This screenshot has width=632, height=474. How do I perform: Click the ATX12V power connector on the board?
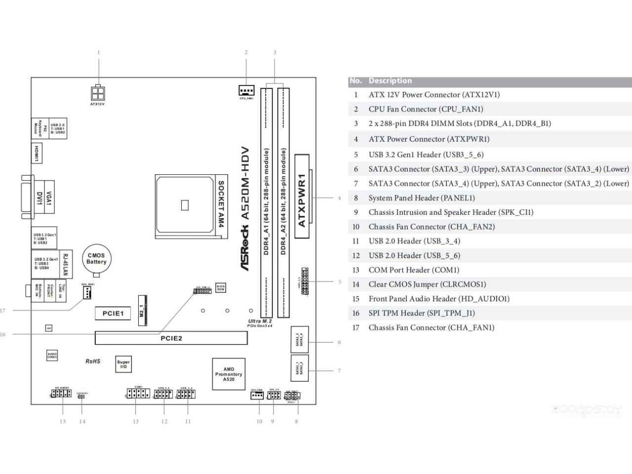coord(98,93)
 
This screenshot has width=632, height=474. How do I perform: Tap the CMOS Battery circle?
coord(96,259)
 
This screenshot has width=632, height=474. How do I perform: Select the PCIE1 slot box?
coord(113,313)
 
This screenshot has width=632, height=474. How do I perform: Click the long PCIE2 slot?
coord(171,338)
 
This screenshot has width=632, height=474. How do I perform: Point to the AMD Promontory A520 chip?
coord(229,374)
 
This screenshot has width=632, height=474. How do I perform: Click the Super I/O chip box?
coord(123,364)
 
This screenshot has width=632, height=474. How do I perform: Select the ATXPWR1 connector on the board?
coord(302,197)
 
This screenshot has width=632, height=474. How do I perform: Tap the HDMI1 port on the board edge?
coord(37,153)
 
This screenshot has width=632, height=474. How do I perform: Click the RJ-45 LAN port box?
coord(66,264)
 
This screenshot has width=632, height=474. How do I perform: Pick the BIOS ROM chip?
coord(220,287)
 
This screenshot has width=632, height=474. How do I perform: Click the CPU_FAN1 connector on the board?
coord(246,90)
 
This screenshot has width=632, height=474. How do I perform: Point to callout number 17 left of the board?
coord(3,311)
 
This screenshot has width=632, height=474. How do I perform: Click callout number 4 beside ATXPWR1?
coord(339,198)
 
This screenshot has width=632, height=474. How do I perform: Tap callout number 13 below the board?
coord(135,422)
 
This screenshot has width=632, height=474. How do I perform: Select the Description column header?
coord(390,80)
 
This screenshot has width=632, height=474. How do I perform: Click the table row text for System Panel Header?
coord(422,198)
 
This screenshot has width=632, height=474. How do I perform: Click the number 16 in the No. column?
coord(356,313)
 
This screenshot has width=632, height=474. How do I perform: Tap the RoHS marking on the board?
coord(93,361)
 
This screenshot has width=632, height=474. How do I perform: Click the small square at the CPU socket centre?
coord(185,204)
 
